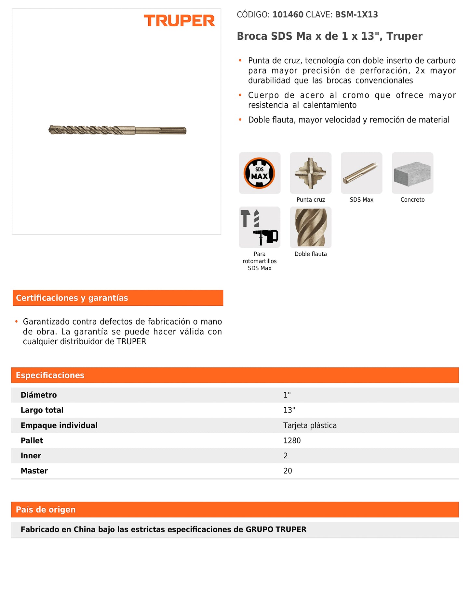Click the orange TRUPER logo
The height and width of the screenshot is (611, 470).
[x=179, y=21]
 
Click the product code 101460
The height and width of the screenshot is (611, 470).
[x=288, y=15]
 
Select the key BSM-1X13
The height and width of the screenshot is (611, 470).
[x=356, y=15]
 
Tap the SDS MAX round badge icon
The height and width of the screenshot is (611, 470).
[x=260, y=173]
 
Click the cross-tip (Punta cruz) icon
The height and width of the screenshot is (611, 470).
[x=311, y=173]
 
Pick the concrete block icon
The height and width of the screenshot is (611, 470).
[x=412, y=173]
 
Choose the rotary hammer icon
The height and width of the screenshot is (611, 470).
[x=260, y=227]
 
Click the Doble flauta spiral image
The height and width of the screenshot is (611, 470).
[x=311, y=227]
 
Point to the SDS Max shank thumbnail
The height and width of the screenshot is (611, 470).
[x=361, y=173]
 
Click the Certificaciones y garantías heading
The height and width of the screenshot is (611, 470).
[x=72, y=298]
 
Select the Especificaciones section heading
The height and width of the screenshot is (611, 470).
[x=50, y=375]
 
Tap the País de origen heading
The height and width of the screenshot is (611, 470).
[x=46, y=509]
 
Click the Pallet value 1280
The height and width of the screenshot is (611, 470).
[x=292, y=440]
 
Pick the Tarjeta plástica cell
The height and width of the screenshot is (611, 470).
[x=310, y=425]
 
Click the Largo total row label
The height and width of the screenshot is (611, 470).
[x=42, y=410]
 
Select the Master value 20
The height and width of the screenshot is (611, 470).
[x=288, y=471]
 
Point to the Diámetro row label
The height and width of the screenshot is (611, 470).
[x=39, y=395]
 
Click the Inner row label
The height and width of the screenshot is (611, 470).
[x=31, y=456]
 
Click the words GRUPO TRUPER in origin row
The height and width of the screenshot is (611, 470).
[x=276, y=529]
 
